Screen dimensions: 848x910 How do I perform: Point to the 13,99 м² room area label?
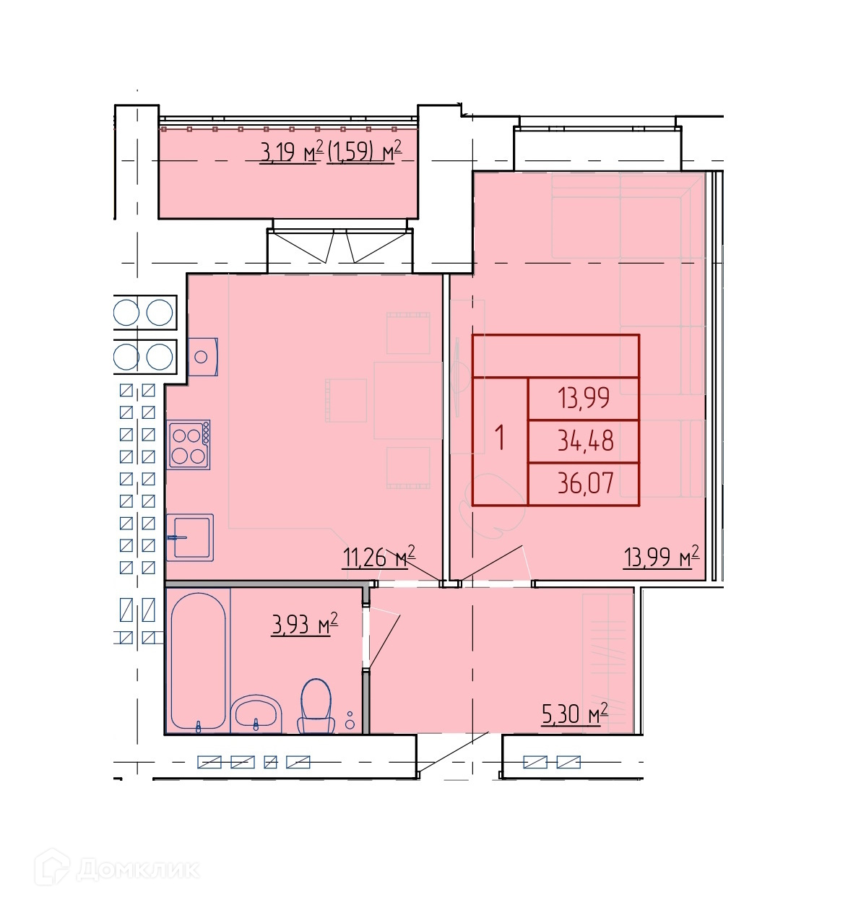tap(660, 556)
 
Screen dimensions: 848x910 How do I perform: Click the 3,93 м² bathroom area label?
tap(304, 623)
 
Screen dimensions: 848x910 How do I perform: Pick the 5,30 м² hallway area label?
tap(574, 714)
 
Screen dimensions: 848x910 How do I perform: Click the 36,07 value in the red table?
tap(585, 483)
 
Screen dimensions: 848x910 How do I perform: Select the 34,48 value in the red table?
tap(585, 441)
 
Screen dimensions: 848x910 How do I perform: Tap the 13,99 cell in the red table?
tap(583, 398)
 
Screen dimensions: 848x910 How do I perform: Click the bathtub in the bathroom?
tap(198, 661)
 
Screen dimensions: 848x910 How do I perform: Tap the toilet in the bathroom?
tap(316, 706)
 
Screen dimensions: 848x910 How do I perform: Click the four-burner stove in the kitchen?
tap(189, 444)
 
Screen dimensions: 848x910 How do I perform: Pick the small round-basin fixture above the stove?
tap(202, 357)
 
